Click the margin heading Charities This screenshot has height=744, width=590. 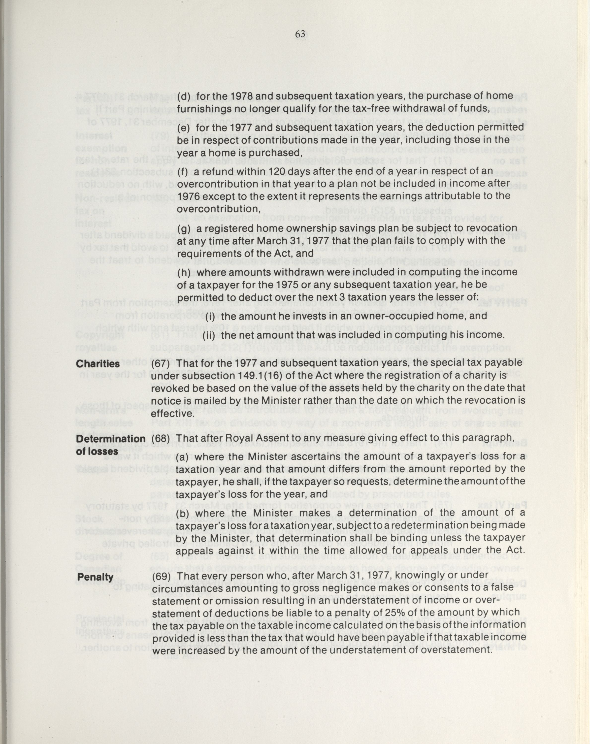click(98, 363)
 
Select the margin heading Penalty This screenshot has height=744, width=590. click(95, 577)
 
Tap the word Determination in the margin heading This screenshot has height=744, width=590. click(111, 439)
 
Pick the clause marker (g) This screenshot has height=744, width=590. click(184, 228)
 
